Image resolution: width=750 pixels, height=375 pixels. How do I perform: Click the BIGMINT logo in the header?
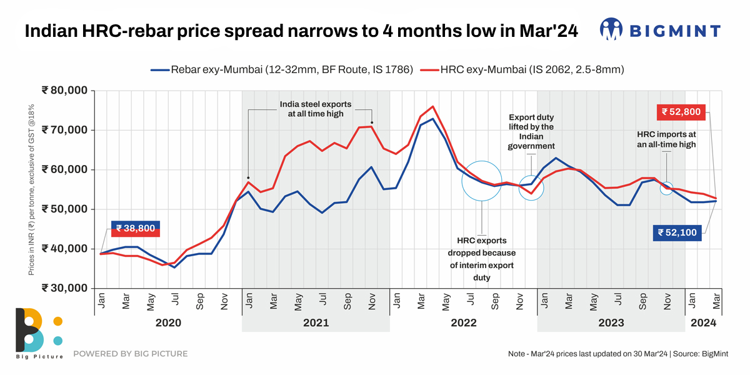(x=660, y=30)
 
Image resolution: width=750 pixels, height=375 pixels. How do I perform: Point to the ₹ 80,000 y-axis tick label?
(x=65, y=91)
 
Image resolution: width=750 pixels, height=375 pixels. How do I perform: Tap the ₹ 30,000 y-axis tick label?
(x=65, y=288)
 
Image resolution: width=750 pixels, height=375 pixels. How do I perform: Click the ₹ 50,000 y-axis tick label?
(x=65, y=209)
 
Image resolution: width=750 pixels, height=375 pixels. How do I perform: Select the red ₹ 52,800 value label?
(x=683, y=112)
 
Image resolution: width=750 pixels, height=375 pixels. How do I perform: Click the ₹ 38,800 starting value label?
(x=136, y=229)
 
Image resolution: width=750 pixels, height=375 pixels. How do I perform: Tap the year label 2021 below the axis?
(x=316, y=323)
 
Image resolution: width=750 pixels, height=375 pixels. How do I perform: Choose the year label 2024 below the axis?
(x=703, y=323)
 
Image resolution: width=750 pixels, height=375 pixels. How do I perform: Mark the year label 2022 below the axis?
(x=463, y=323)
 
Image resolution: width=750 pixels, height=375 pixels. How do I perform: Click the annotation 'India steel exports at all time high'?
(x=316, y=109)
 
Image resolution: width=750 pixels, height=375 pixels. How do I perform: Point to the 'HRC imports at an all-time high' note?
(x=666, y=139)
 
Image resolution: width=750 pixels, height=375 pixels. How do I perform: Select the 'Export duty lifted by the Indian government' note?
(x=531, y=132)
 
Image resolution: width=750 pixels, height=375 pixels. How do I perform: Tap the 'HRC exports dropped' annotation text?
(x=481, y=259)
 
